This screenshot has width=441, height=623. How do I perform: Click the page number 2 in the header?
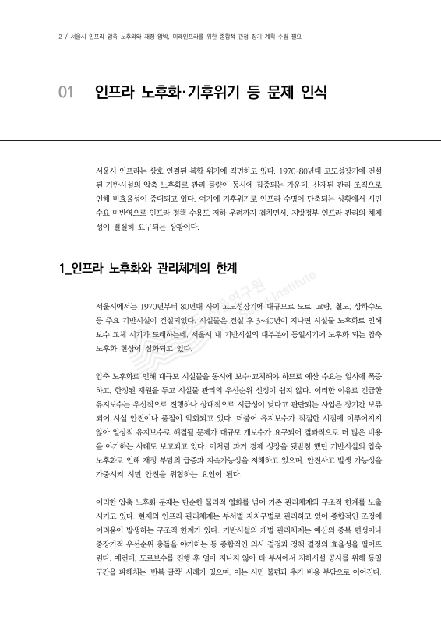(60, 36)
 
